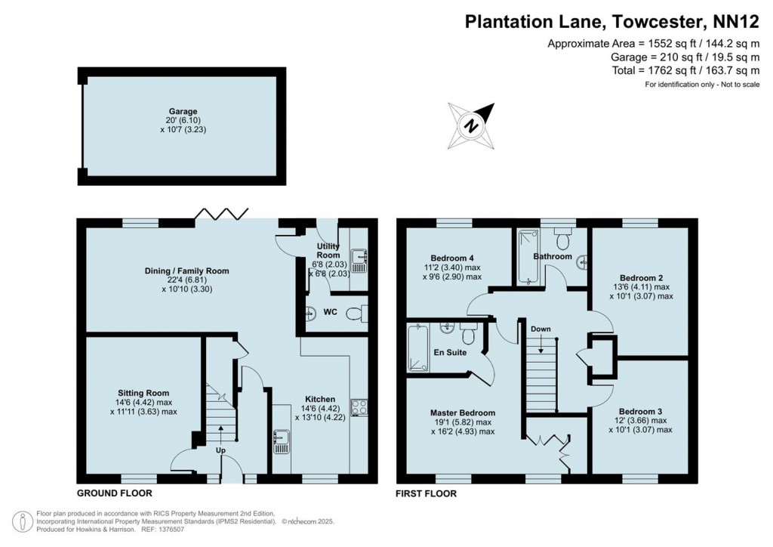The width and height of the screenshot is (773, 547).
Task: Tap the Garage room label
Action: pos(183,112)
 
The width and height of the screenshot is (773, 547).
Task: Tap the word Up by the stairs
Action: pos(221,451)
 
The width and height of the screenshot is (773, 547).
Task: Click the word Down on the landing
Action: pos(540,329)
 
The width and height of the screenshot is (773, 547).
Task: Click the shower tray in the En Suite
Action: pos(417,348)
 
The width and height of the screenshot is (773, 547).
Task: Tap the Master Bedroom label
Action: pos(463,413)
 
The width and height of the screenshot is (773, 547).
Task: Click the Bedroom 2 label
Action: pos(640,277)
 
